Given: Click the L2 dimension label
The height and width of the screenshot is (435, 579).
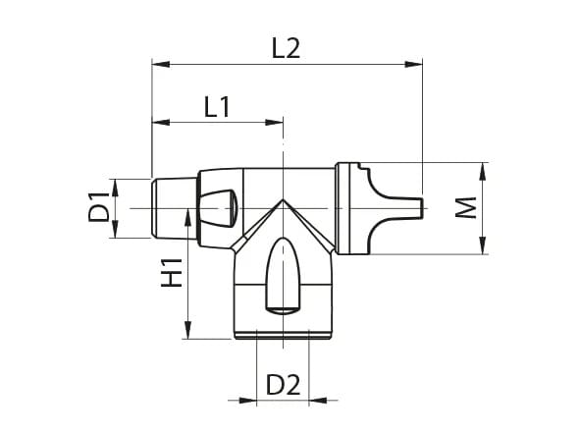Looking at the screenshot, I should [285, 47].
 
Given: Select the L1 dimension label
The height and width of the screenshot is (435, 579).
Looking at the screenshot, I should [217, 106].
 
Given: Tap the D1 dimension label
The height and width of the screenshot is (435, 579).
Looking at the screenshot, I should [98, 208].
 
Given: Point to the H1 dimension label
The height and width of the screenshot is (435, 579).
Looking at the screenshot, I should [173, 272].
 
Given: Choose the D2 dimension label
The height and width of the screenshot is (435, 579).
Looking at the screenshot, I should [283, 384].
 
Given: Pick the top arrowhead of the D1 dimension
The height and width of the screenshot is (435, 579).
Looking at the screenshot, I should [116, 185].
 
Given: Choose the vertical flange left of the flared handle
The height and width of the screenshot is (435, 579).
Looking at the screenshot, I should [343, 208].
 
